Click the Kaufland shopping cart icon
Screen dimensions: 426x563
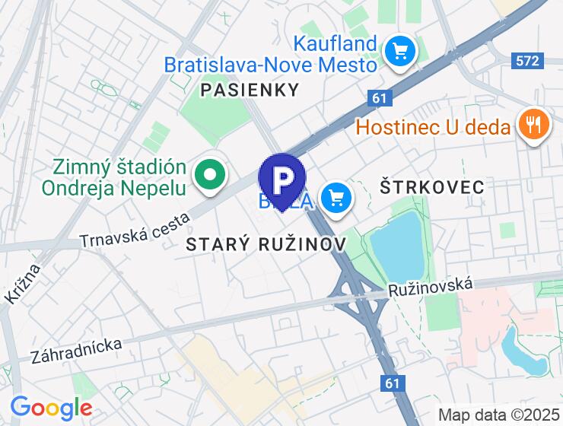tap(399, 52)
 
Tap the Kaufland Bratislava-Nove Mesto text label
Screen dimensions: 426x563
tap(271, 53)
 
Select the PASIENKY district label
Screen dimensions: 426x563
tap(250, 90)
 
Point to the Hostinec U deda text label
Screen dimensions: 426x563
tap(434, 126)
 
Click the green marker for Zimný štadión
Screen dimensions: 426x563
tap(208, 175)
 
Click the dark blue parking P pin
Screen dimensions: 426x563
tap(282, 180)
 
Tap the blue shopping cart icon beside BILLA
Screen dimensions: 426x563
tap(336, 199)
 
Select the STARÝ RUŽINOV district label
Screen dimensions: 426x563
tap(266, 244)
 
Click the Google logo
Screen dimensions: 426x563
tap(52, 408)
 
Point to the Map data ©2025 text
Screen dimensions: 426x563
tap(498, 415)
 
